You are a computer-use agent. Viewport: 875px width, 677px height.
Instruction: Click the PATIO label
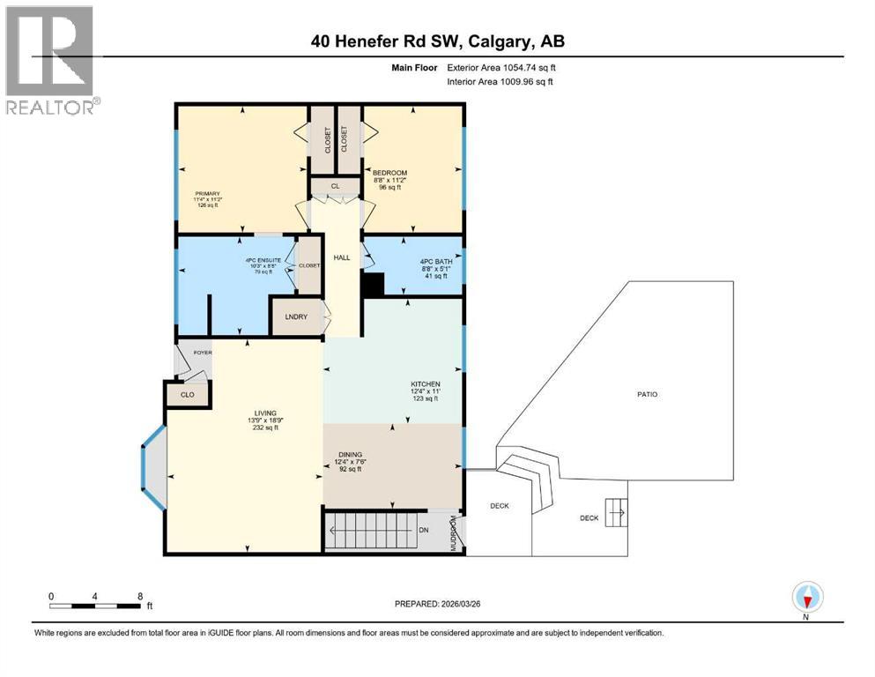tap(649, 394)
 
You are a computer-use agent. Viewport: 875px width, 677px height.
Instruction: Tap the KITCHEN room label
tap(425, 384)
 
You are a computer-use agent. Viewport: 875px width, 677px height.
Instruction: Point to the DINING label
tap(350, 456)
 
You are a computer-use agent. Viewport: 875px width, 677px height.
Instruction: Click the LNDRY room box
tap(296, 317)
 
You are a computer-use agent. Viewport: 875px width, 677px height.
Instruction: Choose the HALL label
tap(341, 258)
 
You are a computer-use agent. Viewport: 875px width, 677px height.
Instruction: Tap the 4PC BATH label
tap(432, 263)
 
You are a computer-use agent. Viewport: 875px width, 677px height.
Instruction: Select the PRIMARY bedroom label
tap(208, 194)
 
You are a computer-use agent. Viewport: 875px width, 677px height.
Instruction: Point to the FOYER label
tap(204, 353)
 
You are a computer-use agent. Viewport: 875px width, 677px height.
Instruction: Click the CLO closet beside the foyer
tap(187, 394)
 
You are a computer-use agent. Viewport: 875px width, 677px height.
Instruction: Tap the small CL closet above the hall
tap(335, 186)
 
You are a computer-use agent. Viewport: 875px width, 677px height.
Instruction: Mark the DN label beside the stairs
tap(423, 530)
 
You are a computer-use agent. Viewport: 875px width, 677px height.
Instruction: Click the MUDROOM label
tap(455, 533)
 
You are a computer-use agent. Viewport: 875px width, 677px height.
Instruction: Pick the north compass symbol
tap(806, 598)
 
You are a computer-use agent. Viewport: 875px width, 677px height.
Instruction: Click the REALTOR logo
tap(51, 61)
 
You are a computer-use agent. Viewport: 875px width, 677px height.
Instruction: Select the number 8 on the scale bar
tap(140, 595)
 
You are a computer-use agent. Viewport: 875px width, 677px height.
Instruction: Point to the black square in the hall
tap(374, 285)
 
